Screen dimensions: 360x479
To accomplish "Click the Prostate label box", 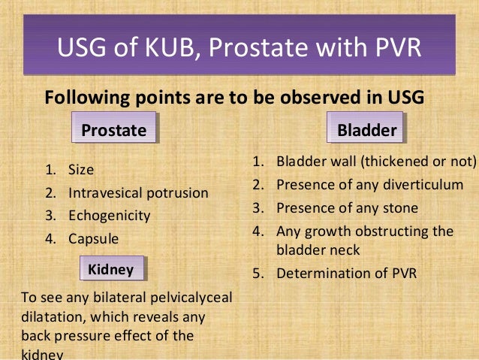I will click(113, 130).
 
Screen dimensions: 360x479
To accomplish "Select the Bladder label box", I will click(366, 130).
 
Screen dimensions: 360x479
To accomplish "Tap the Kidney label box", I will click(111, 269).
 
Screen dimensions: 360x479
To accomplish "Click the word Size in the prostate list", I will click(81, 170).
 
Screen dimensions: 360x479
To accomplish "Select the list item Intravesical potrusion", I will click(138, 193).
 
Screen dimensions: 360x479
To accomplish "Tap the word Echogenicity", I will click(110, 216).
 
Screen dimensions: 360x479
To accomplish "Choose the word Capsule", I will click(94, 239).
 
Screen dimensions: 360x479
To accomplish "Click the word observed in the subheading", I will click(318, 98).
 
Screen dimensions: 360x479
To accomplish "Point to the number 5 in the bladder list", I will click(256, 273).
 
